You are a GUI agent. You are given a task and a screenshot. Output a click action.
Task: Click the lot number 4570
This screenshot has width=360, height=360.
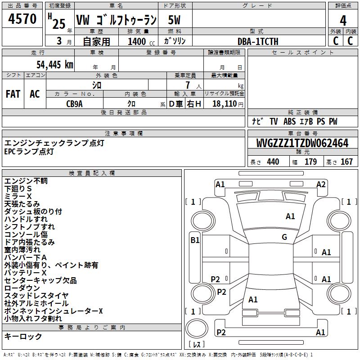[x=22, y=19]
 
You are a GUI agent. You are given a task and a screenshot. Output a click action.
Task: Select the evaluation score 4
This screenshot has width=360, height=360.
[x=343, y=20]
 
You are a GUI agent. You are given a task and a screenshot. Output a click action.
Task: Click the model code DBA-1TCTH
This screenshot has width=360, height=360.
[x=258, y=41]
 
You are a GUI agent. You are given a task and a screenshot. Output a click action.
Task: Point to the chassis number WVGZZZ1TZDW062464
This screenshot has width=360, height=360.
[x=302, y=144]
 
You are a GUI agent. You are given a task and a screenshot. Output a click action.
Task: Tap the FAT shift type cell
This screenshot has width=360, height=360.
[x=13, y=94]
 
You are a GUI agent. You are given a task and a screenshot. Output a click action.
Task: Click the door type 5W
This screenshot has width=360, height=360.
[x=175, y=20]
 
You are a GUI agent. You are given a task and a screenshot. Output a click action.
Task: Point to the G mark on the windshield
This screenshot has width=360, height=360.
[x=284, y=237]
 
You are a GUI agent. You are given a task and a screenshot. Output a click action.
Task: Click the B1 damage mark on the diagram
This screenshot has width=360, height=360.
[x=195, y=240]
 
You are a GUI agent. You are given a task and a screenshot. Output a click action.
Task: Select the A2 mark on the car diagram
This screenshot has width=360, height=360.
[x=321, y=184]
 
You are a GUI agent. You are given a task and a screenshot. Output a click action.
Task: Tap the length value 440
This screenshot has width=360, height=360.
[x=273, y=162]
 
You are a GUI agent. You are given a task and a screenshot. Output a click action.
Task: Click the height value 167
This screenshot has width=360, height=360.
[x=346, y=162]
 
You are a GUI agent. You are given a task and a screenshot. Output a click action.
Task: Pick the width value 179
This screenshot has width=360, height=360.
[x=310, y=162]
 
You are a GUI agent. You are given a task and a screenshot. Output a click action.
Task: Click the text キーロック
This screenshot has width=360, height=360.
[x=23, y=337]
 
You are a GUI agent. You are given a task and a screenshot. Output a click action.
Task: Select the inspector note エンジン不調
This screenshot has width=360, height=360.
[x=26, y=181]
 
